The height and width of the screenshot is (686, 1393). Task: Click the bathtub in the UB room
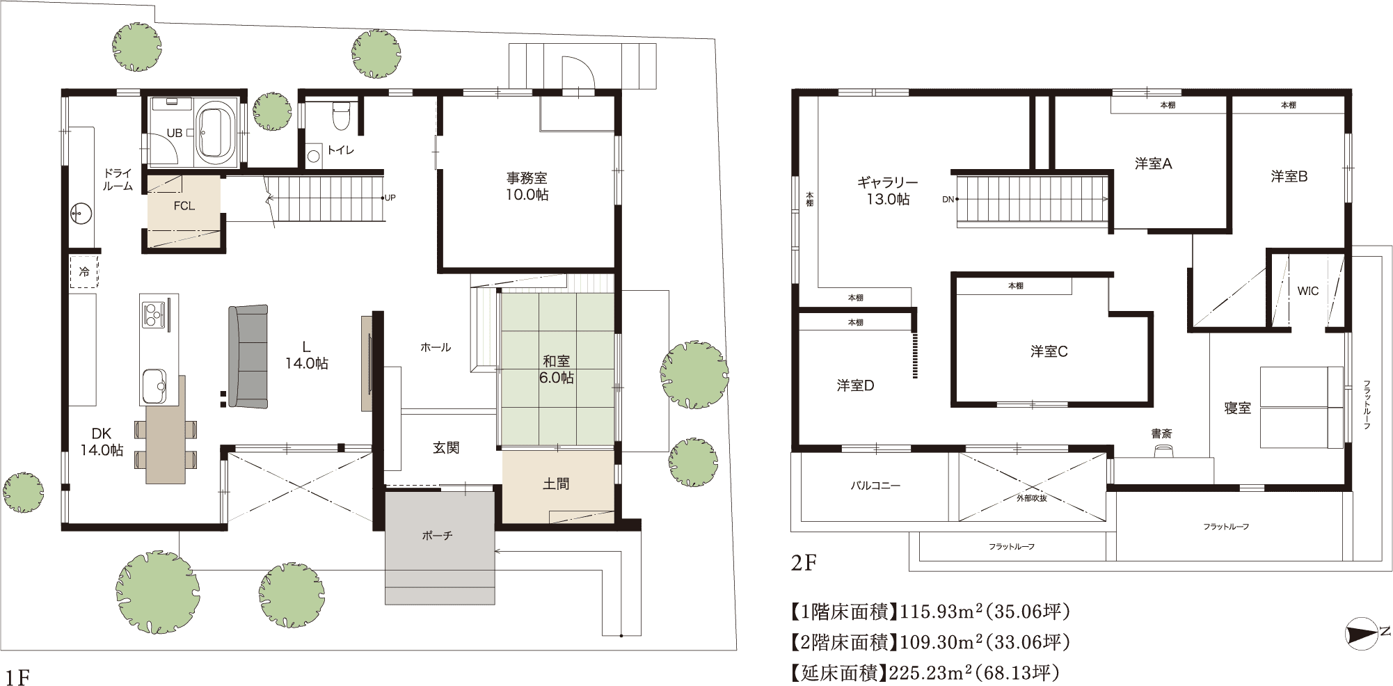point(216,130)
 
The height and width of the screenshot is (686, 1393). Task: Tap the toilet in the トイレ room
point(340,116)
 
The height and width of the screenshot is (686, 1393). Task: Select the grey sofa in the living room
point(248,356)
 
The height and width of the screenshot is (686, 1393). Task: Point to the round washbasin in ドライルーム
point(81,212)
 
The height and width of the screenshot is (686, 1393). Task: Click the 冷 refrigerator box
point(83,271)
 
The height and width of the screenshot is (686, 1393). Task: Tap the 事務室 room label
point(527,179)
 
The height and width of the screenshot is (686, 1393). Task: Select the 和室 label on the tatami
point(556,361)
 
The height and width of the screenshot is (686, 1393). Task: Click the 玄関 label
point(446,448)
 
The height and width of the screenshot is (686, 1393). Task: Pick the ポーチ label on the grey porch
point(437,536)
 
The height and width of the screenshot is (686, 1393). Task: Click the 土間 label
point(556,484)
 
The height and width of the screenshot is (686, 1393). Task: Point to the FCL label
point(184,206)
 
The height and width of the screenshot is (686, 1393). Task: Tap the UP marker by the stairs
point(390,198)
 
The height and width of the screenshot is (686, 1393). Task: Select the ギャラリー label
point(887,182)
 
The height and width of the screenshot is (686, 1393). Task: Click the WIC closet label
point(1307,292)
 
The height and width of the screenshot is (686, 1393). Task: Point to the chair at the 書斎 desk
point(1161,452)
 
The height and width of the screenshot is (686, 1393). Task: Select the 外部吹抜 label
point(1031,498)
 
